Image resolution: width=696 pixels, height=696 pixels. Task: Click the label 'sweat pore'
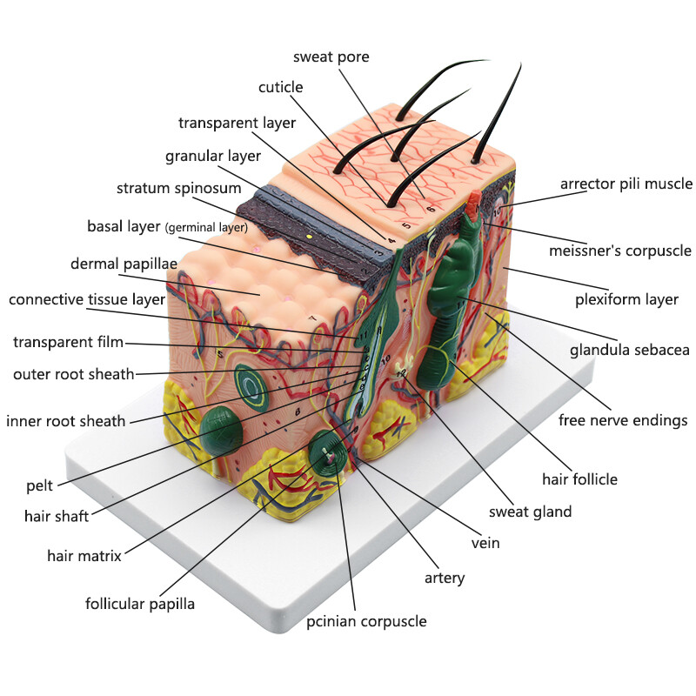(x=331, y=57)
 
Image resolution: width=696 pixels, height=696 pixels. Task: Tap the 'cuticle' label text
(x=280, y=87)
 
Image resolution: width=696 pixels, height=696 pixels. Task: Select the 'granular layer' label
(x=213, y=157)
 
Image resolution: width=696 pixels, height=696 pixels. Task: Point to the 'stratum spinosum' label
(x=179, y=188)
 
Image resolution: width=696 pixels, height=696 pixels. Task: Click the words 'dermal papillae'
(x=124, y=264)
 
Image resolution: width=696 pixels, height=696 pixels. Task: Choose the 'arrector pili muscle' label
(x=626, y=184)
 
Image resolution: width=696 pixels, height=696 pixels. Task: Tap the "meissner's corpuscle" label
(x=620, y=251)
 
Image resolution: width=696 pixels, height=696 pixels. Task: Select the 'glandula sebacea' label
(x=629, y=351)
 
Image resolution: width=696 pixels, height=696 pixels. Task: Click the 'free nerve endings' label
(x=623, y=420)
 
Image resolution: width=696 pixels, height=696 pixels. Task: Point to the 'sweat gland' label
(x=530, y=512)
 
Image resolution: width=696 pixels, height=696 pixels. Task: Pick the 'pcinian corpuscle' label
(x=366, y=621)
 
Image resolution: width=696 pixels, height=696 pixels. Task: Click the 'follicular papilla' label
(x=140, y=604)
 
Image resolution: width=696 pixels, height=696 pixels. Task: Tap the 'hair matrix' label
(x=84, y=556)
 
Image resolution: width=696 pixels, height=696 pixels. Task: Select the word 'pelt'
(x=39, y=485)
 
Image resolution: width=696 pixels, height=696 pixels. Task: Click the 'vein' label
(x=485, y=543)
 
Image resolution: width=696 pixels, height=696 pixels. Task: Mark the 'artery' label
(x=445, y=578)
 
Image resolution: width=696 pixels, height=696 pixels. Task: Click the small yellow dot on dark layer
(x=310, y=237)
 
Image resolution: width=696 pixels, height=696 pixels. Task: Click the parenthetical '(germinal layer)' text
(x=206, y=228)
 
